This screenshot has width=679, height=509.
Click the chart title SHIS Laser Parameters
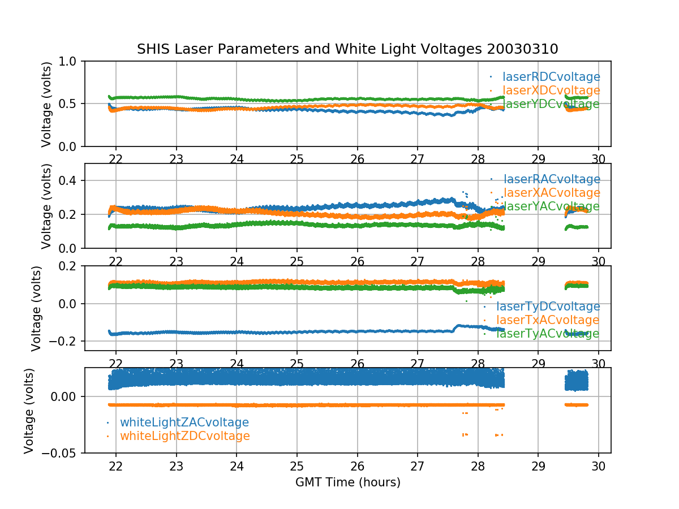click(x=347, y=49)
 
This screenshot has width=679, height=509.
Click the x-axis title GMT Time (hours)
click(x=347, y=482)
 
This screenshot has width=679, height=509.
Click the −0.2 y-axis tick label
click(x=63, y=341)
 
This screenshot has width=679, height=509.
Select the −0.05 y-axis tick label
click(x=60, y=453)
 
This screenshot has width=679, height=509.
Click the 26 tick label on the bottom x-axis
click(x=357, y=466)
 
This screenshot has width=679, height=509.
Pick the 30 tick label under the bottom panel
click(x=599, y=466)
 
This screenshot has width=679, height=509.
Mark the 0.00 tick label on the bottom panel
click(x=63, y=396)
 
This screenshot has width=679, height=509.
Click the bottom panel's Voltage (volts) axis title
click(x=29, y=411)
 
